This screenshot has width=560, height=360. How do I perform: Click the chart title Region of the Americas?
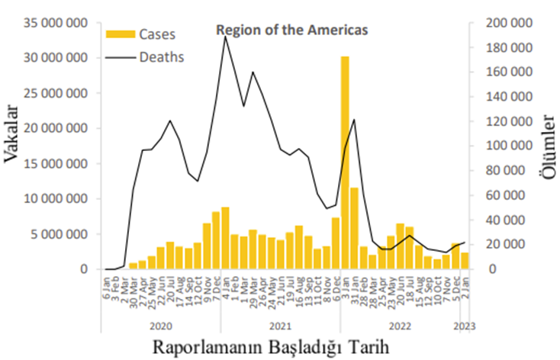292,30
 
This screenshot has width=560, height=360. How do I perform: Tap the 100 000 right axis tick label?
507,146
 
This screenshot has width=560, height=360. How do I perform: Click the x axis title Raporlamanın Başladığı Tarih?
272,346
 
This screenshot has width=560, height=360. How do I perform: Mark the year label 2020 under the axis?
160,326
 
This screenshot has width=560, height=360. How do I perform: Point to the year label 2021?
280,326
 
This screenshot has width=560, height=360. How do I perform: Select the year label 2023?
465,326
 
